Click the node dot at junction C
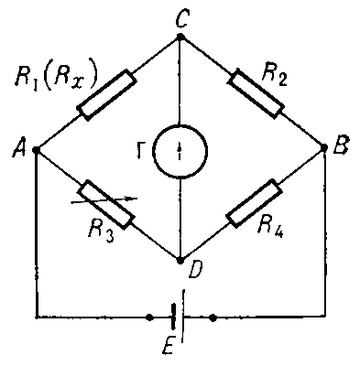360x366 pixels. pyautogui.click(x=180, y=37)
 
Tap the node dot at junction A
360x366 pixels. pyautogui.click(x=36, y=150)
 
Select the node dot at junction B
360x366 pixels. pyautogui.click(x=324, y=148)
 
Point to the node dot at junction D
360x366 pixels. pyautogui.click(x=180, y=261)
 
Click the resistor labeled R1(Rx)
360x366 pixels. pyautogui.click(x=106, y=95)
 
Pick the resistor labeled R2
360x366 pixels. pyautogui.click(x=256, y=93)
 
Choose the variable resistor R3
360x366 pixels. pyautogui.click(x=105, y=204)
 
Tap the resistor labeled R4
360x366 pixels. pyautogui.click(x=254, y=203)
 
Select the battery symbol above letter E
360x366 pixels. pyautogui.click(x=179, y=318)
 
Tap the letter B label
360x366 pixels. pyautogui.click(x=341, y=146)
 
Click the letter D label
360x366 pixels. pyautogui.click(x=196, y=270)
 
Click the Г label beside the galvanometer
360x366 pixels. pyautogui.click(x=141, y=151)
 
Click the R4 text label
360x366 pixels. pyautogui.click(x=270, y=227)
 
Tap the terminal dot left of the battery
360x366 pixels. pyautogui.click(x=149, y=318)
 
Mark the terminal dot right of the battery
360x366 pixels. pyautogui.click(x=213, y=318)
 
